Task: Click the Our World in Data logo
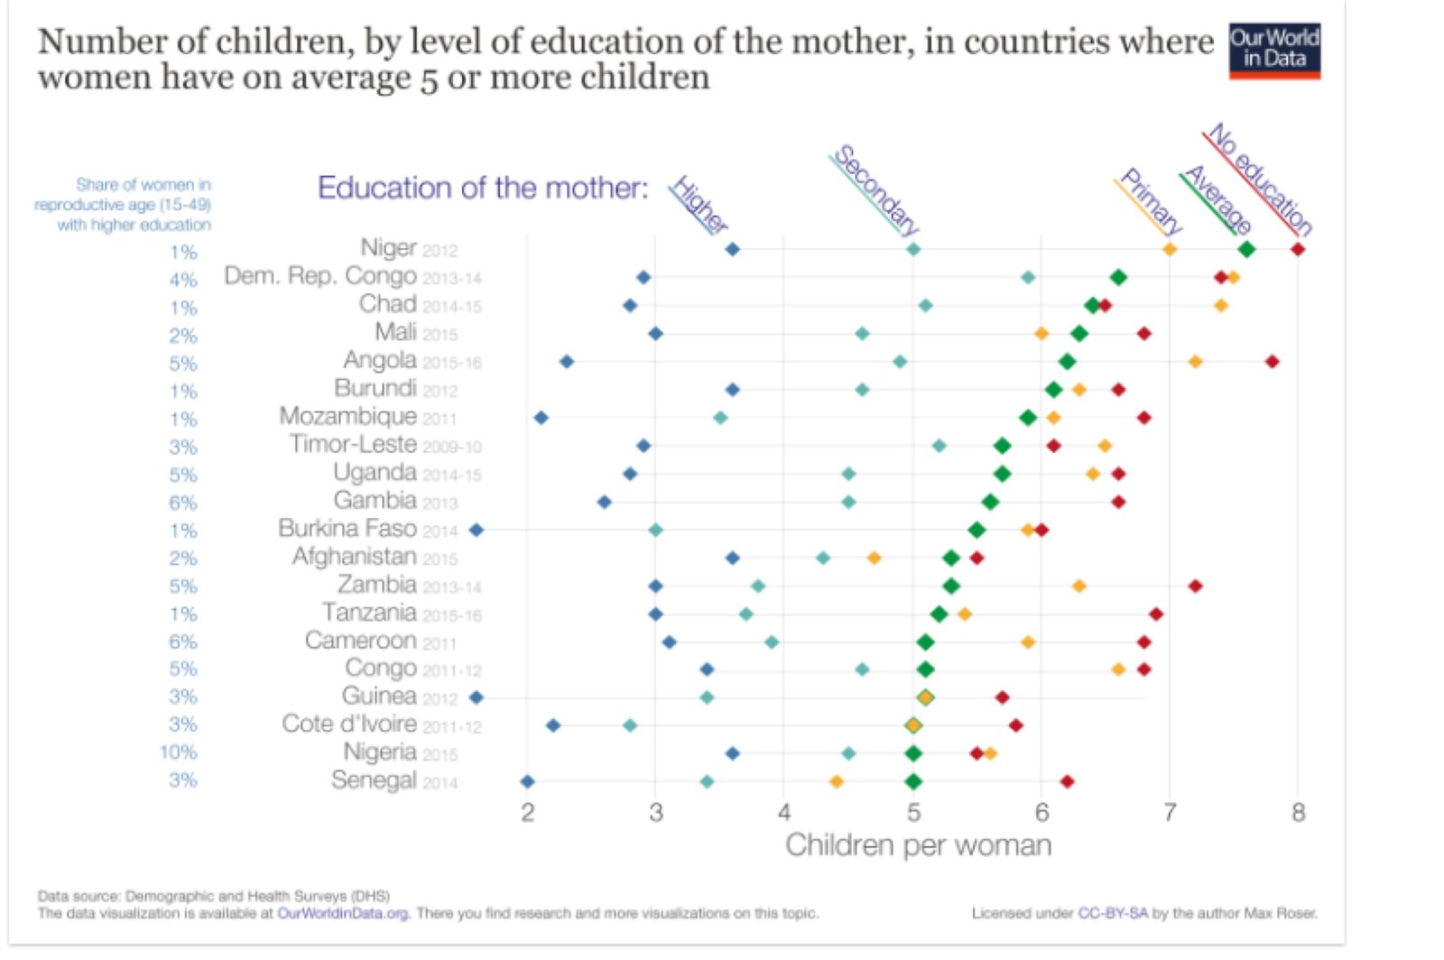[1273, 51]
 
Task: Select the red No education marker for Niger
[1298, 249]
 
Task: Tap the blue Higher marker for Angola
[567, 362]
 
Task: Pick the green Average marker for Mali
[1079, 334]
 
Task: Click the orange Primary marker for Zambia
[1079, 586]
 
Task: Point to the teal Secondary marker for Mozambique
[720, 418]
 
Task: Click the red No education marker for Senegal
[1067, 781]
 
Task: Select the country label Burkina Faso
[347, 529]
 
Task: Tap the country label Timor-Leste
[353, 445]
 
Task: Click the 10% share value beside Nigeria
[178, 752]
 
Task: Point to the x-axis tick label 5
[913, 813]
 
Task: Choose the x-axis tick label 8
[1298, 813]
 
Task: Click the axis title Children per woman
[918, 845]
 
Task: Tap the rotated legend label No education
[1260, 179]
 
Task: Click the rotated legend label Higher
[699, 205]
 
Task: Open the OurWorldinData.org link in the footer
[343, 913]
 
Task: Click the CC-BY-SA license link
[1113, 913]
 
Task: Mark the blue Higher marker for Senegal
[528, 781]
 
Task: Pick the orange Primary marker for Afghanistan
[874, 558]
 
